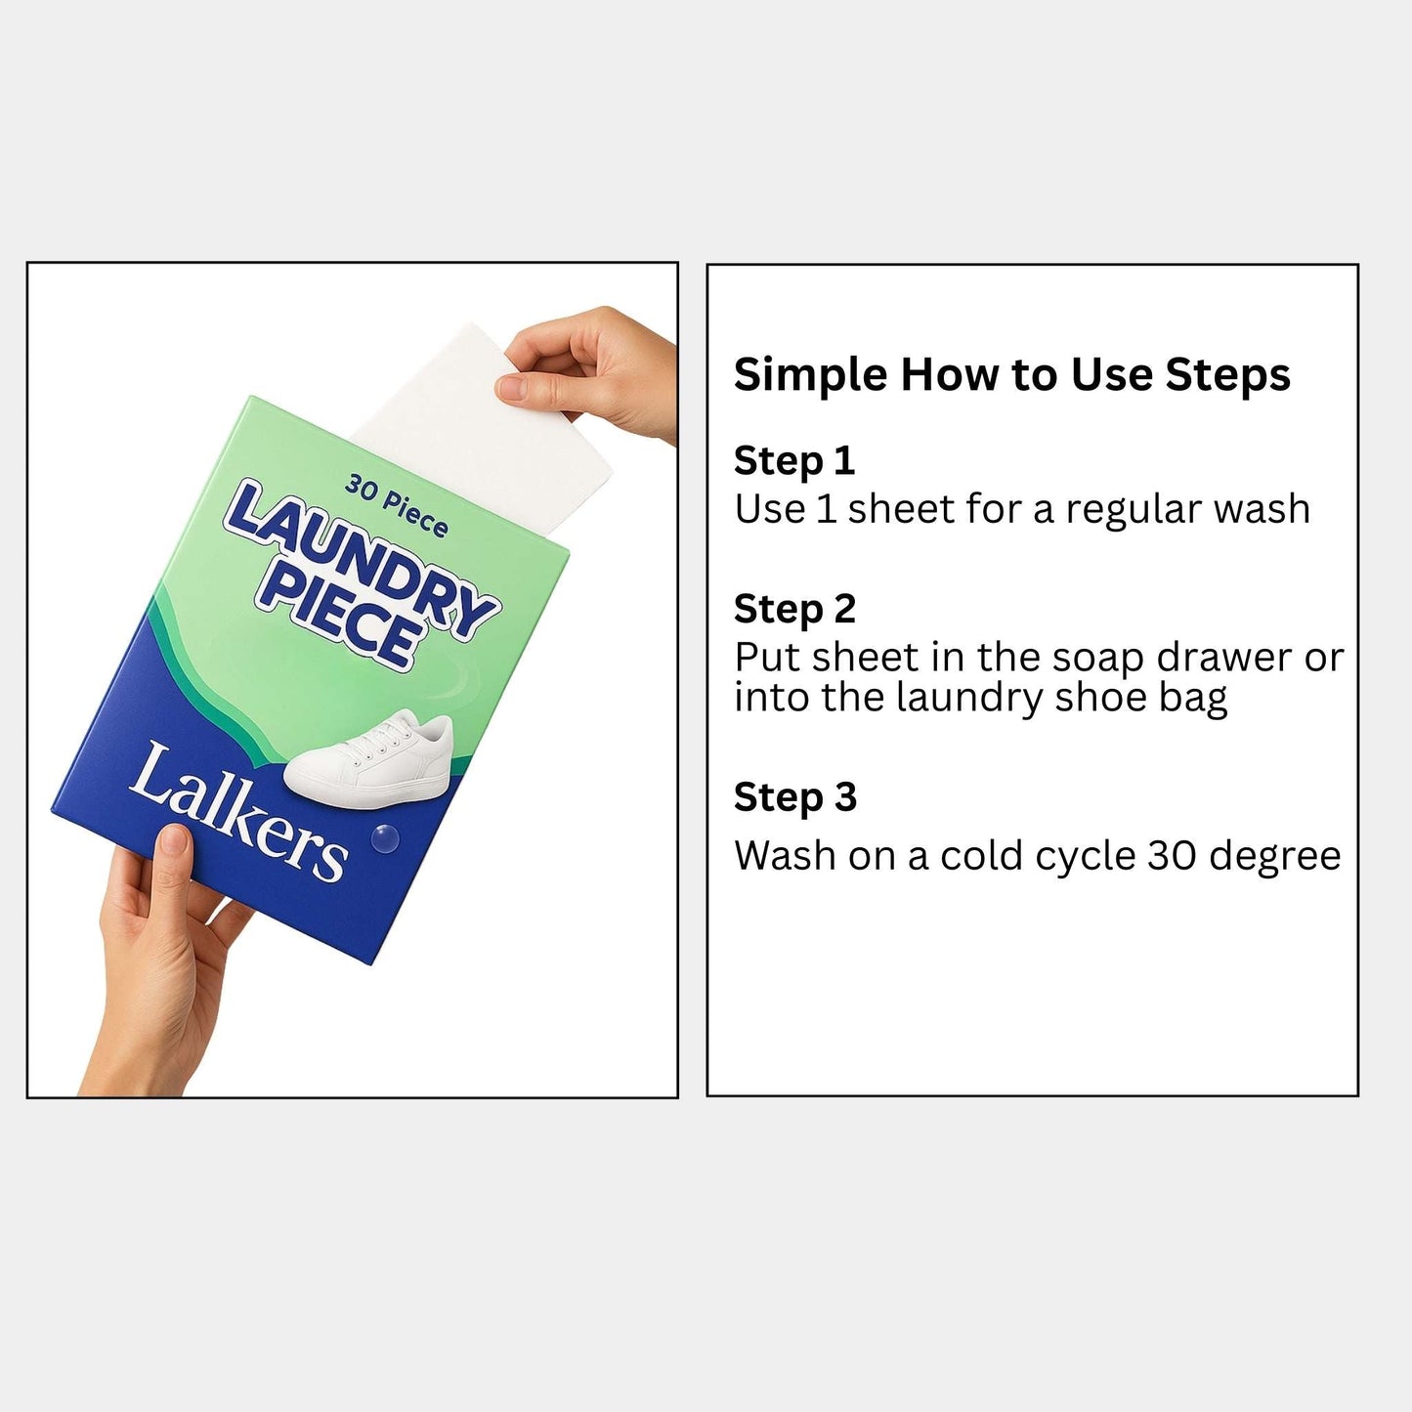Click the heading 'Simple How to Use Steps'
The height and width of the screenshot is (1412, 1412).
pos(1011,376)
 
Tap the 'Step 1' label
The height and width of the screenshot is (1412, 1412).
pos(793,461)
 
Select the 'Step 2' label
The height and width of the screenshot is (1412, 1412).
pos(793,610)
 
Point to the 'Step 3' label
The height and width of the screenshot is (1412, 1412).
pos(794,797)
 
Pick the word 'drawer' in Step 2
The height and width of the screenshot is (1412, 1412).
pos(1225,658)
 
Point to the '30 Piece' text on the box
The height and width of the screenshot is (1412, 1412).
pos(396,505)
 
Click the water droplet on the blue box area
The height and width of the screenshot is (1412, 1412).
pos(385,837)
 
